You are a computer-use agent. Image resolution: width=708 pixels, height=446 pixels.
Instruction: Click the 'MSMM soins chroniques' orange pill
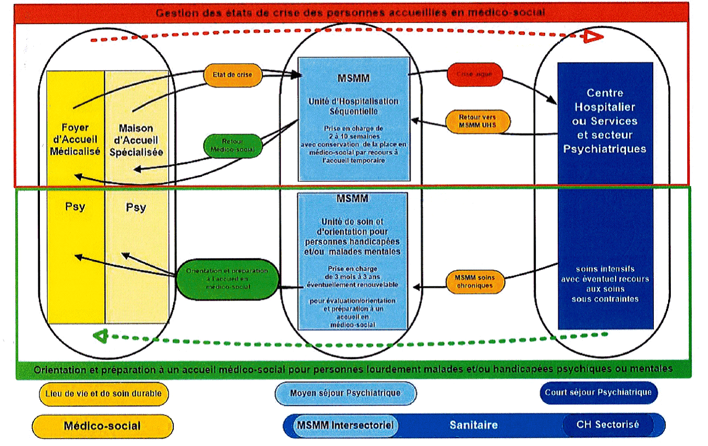(x=473, y=281)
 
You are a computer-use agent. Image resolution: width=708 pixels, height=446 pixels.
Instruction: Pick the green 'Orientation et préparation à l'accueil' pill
(x=227, y=279)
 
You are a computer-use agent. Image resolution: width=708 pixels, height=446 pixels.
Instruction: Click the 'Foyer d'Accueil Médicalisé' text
(x=75, y=140)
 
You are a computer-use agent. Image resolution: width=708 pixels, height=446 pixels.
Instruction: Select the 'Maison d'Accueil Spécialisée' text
(x=136, y=140)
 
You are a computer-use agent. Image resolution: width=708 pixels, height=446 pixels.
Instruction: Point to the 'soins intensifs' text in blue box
(x=605, y=269)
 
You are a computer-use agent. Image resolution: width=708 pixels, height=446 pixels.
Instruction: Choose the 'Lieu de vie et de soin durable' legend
(x=103, y=393)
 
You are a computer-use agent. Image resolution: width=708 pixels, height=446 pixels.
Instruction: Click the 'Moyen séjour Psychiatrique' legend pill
(x=345, y=393)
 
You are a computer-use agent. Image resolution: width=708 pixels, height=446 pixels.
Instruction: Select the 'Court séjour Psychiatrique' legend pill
(x=598, y=392)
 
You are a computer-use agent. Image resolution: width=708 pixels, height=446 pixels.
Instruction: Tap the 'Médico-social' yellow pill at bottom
(x=102, y=426)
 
